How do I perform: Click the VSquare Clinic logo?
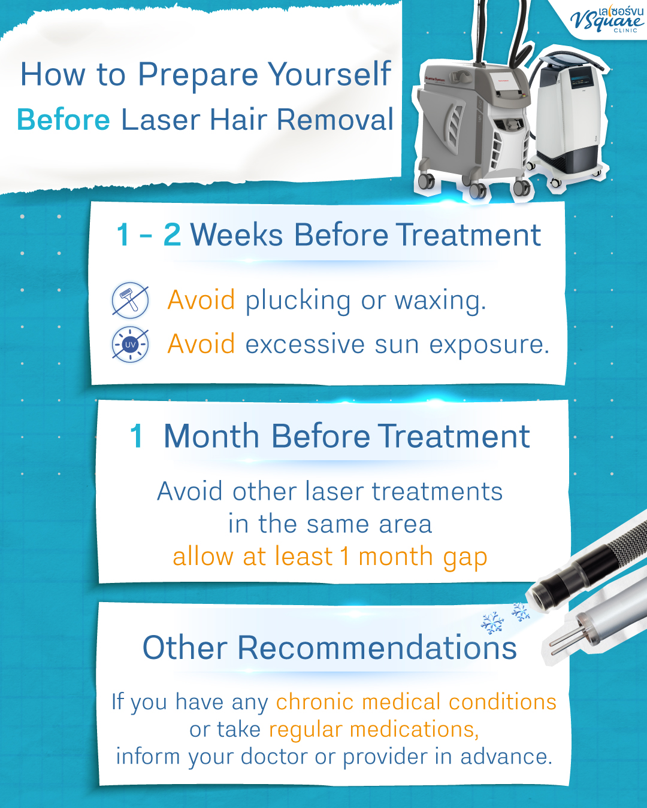coord(606,19)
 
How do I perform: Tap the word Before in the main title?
coord(64,120)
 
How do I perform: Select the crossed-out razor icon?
coord(130,300)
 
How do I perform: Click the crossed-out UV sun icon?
coord(130,345)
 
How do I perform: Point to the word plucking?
coord(298,301)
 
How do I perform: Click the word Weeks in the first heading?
coord(237,235)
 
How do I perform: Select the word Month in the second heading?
coord(213,436)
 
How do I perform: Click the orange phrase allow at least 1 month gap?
coord(329,557)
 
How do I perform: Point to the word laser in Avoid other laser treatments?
coord(335,492)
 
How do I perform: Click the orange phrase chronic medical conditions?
coord(416,702)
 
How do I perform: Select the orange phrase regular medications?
coord(373,730)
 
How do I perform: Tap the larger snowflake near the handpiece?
coord(492,624)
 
